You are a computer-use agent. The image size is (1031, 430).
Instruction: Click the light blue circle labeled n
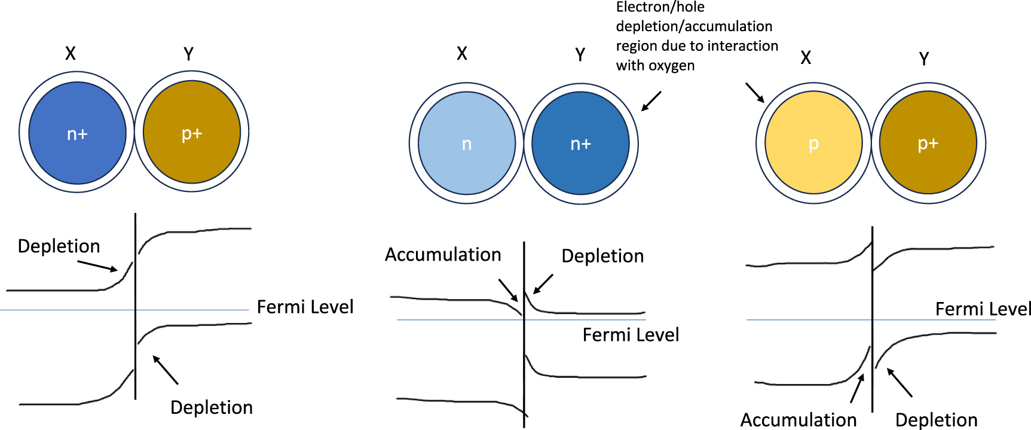tap(467, 144)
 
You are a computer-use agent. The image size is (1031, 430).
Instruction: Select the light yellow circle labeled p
tap(813, 144)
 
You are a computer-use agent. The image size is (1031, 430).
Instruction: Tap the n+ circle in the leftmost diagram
tap(78, 133)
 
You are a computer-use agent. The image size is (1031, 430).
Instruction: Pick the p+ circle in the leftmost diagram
tap(192, 132)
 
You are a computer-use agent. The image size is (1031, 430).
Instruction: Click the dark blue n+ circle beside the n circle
tap(580, 144)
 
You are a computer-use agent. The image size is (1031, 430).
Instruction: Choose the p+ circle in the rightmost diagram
tap(928, 143)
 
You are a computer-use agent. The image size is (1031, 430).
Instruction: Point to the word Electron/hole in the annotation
tap(660, 7)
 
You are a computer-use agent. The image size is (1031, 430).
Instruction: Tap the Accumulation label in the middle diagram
tap(443, 254)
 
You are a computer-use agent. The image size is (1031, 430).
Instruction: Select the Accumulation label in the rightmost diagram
tap(799, 420)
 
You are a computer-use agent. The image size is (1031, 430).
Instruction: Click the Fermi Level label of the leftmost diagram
tap(305, 307)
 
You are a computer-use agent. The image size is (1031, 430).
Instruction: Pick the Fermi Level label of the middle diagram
tap(631, 334)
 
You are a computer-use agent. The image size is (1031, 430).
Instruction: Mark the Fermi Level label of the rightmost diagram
tap(983, 309)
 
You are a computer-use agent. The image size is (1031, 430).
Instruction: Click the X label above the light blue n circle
tap(462, 54)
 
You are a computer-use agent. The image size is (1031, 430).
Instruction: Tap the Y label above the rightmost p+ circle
tap(924, 59)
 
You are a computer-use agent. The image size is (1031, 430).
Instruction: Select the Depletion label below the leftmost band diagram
tap(212, 407)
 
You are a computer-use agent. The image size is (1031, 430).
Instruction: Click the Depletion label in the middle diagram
tap(602, 256)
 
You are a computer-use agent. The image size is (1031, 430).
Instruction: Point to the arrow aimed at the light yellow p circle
tap(755, 93)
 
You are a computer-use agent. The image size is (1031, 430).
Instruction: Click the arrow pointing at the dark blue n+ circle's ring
tap(651, 101)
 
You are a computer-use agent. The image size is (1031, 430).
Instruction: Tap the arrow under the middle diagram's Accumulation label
tap(508, 290)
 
